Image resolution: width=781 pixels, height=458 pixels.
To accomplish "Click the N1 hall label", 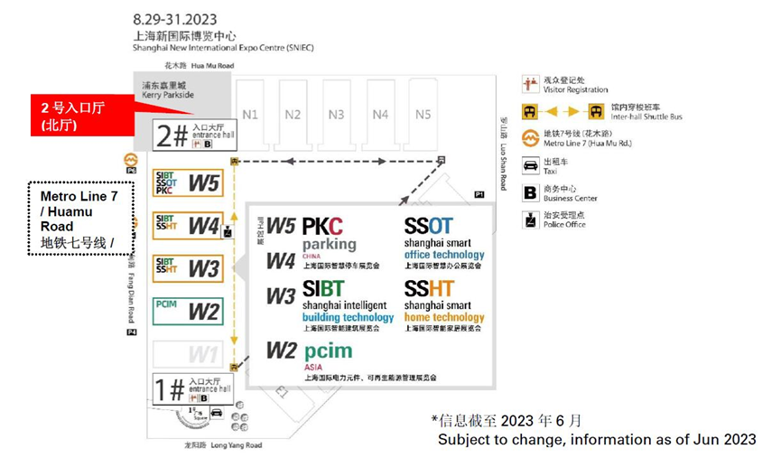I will (250, 115).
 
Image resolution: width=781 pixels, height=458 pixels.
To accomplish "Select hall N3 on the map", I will (336, 115).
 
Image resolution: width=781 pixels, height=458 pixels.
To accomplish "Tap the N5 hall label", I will (423, 115).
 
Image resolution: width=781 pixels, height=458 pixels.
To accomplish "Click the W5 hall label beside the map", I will (203, 183).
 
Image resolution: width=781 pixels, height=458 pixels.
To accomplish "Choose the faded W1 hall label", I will (203, 352).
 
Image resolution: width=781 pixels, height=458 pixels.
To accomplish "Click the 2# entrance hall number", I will (172, 136).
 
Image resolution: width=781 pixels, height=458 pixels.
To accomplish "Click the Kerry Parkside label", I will (168, 90).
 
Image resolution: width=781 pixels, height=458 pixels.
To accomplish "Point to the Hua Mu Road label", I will (187, 66).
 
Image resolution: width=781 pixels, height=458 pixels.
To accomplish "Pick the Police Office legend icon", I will (531, 220).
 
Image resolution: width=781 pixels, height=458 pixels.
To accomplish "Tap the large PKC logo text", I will (322, 227).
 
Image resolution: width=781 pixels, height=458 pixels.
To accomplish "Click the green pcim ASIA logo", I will (328, 351).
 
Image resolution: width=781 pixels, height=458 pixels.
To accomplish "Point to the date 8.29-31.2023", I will (174, 19).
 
